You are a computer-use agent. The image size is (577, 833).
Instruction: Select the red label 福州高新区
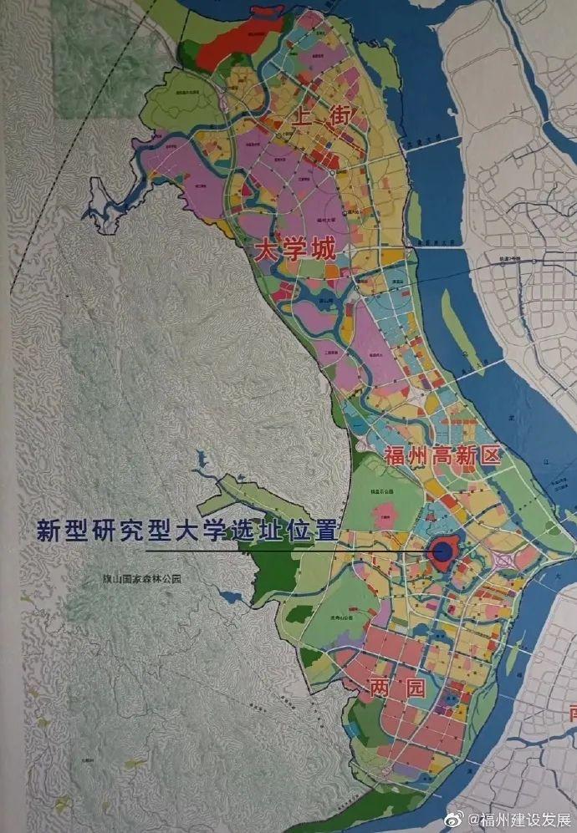click(x=442, y=456)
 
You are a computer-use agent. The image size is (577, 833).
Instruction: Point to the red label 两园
click(x=397, y=688)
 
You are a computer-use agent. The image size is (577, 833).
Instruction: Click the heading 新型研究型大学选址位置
click(x=185, y=530)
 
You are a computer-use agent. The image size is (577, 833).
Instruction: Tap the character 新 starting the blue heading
click(x=47, y=530)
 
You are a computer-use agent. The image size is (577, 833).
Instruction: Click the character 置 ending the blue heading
click(x=324, y=530)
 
